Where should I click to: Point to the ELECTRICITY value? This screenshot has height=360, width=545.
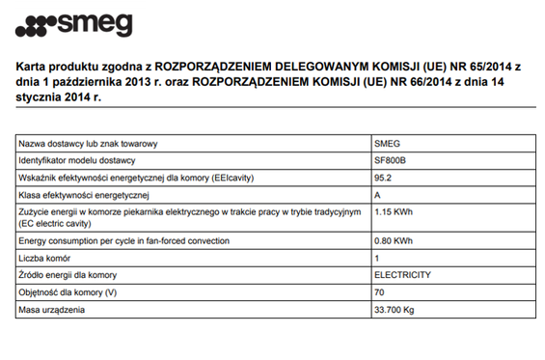[401, 275]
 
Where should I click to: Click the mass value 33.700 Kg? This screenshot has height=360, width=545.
[394, 310]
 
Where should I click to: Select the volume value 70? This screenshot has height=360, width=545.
[378, 292]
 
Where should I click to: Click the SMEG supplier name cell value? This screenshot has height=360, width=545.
[386, 142]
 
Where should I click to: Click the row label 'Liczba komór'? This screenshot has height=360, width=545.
[45, 258]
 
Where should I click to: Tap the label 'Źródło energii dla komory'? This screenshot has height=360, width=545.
[68, 275]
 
